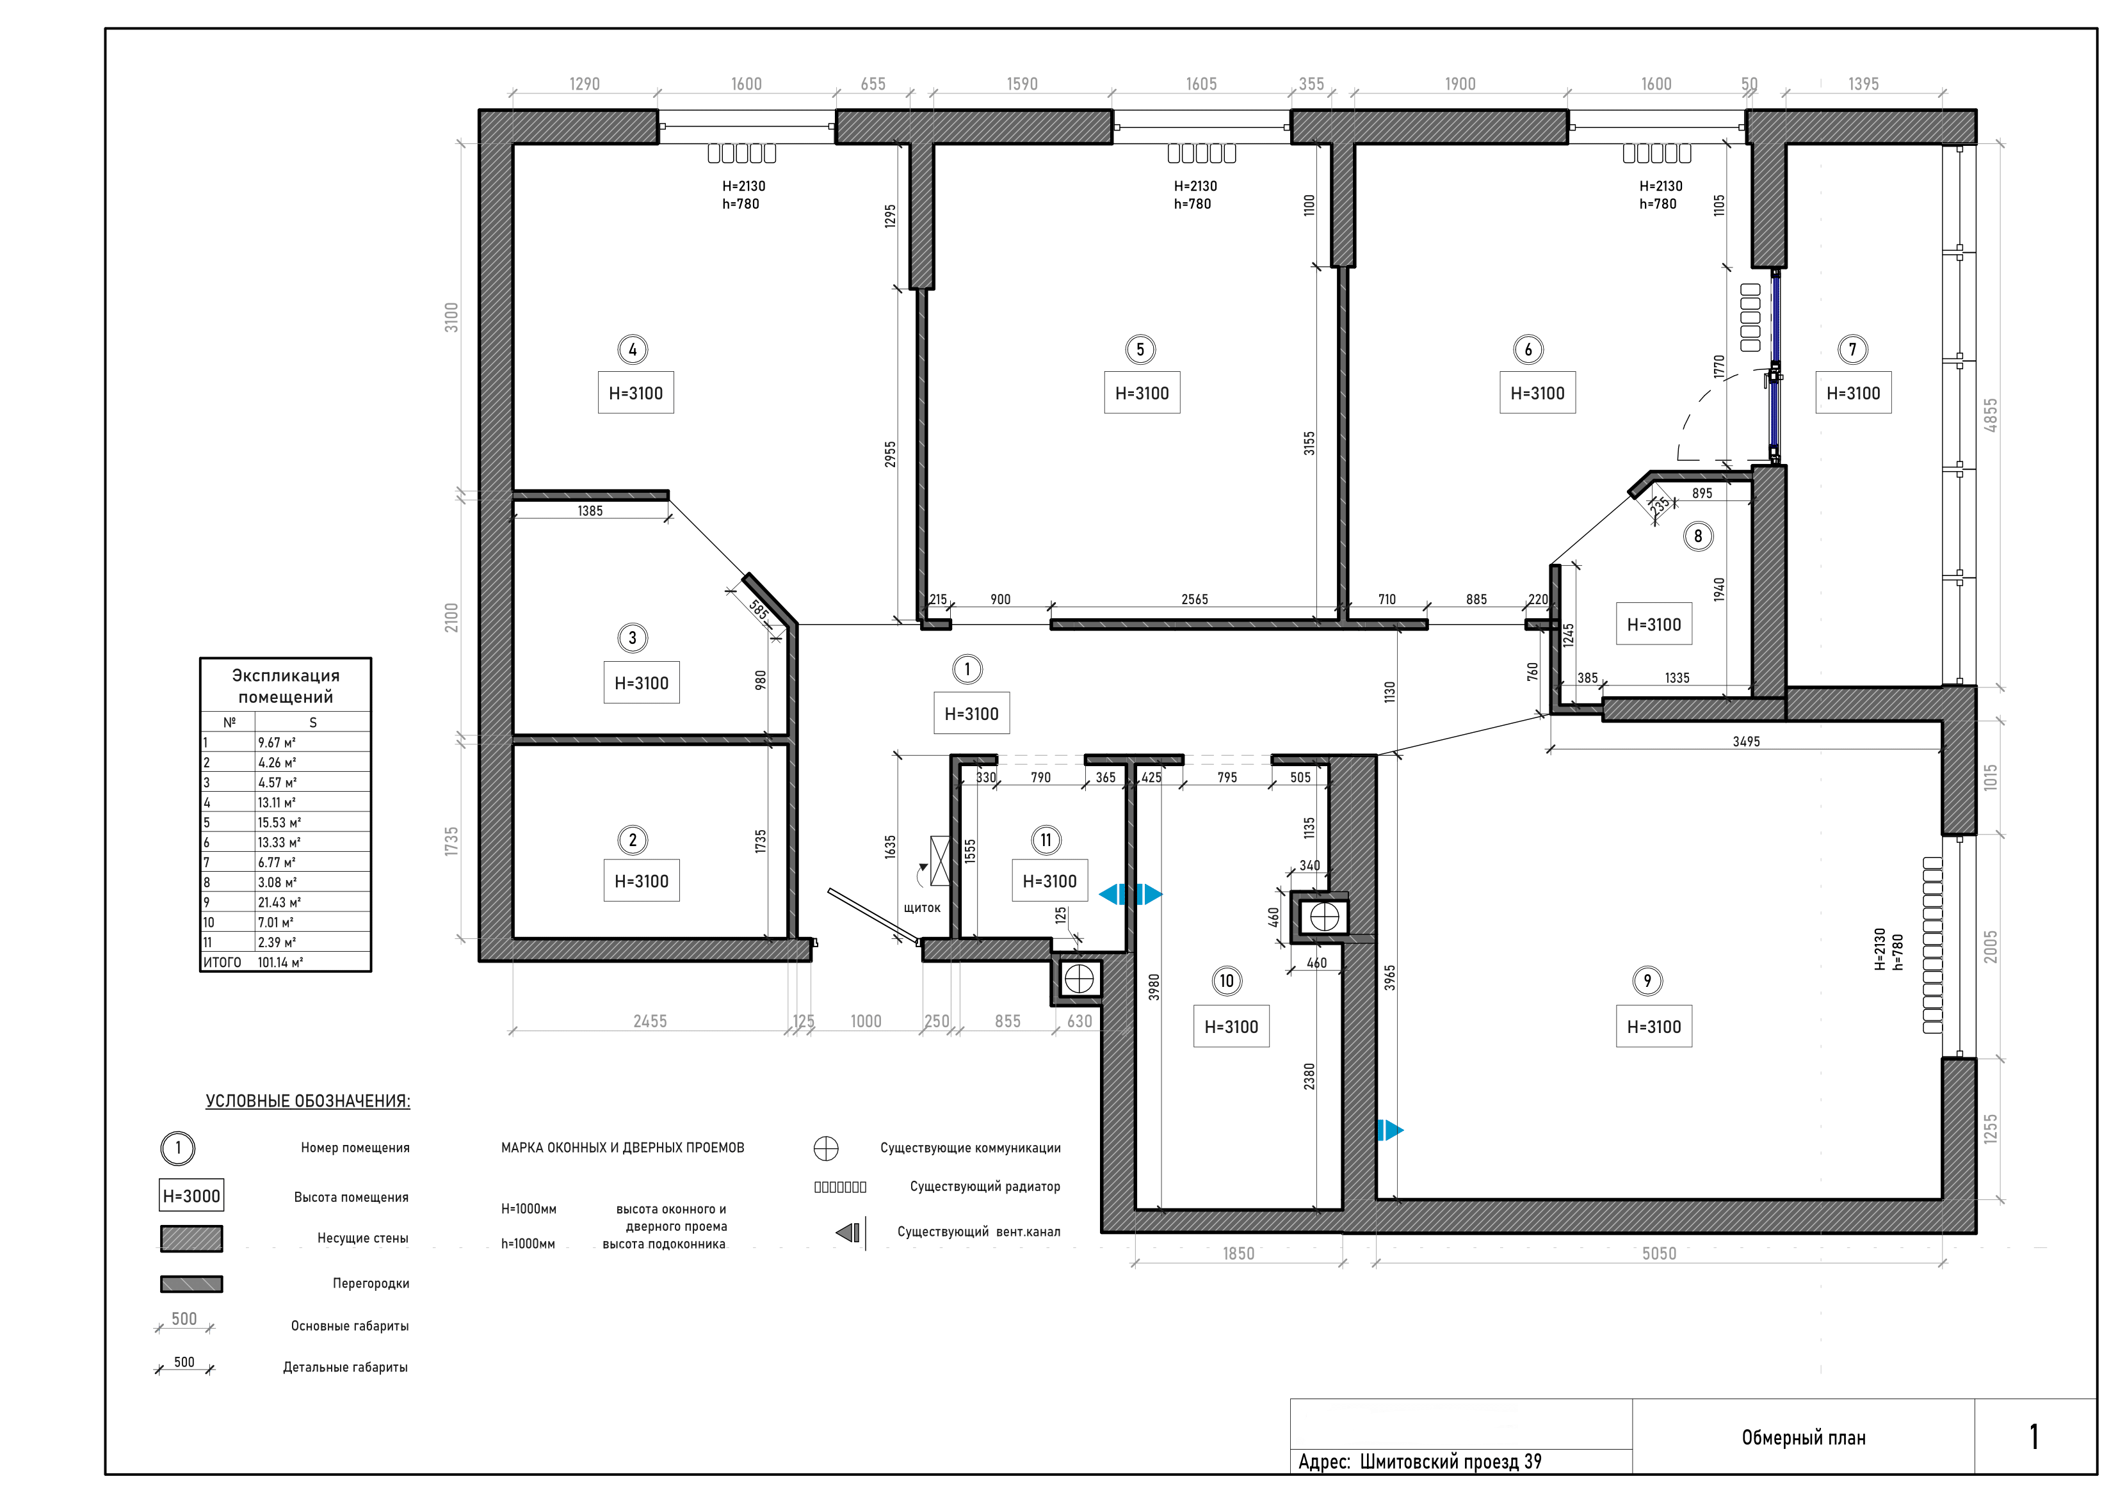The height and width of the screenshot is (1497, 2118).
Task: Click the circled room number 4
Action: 633,349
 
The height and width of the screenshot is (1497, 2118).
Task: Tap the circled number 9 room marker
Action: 1647,981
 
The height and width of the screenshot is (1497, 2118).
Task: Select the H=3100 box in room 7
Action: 1853,393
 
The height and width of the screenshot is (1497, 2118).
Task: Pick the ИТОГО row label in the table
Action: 222,962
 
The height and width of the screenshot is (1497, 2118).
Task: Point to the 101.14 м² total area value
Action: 280,962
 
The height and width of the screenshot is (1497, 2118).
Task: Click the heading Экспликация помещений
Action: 286,686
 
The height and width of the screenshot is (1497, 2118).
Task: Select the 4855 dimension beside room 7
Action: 1991,414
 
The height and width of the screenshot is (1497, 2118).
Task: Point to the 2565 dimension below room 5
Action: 1195,600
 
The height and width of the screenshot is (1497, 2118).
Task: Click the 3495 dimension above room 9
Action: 1746,742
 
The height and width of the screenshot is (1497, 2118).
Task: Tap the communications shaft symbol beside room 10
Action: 1324,917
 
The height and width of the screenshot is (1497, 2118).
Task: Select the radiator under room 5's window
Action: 1201,153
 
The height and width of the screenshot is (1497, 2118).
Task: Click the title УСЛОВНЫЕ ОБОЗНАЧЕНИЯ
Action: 308,1101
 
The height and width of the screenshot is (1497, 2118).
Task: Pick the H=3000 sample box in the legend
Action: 192,1196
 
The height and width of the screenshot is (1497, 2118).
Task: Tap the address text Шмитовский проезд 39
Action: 1450,1461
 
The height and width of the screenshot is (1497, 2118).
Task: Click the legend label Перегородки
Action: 371,1283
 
